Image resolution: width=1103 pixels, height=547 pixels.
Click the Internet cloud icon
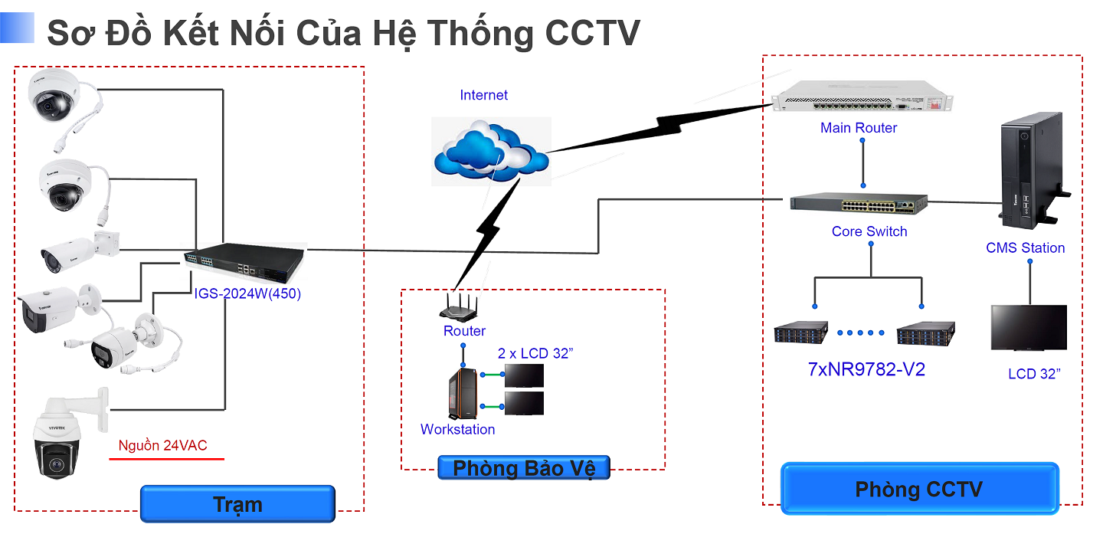coord(491,152)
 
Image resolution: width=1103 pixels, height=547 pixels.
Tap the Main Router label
coord(859,128)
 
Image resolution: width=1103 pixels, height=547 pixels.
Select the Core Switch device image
coord(859,204)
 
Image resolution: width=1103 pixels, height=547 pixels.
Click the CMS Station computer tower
coord(1030,175)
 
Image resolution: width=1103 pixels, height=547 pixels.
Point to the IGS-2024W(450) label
coord(247,293)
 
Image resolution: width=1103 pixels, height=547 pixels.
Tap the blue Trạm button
coord(237,504)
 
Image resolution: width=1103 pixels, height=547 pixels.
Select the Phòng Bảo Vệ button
coord(524,468)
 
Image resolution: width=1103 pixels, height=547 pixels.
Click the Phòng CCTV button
coord(918,489)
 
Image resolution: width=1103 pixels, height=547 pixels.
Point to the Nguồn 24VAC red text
coord(162,446)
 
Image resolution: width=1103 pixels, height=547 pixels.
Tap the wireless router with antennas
coord(462,309)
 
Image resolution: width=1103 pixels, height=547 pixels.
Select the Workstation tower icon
coord(461,393)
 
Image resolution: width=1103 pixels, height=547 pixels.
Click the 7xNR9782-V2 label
coord(866,369)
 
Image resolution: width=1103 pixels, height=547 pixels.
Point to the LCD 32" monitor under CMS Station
coord(1028,328)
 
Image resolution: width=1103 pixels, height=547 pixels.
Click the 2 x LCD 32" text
coord(535,353)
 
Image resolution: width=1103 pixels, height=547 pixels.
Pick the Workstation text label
coord(457,430)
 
